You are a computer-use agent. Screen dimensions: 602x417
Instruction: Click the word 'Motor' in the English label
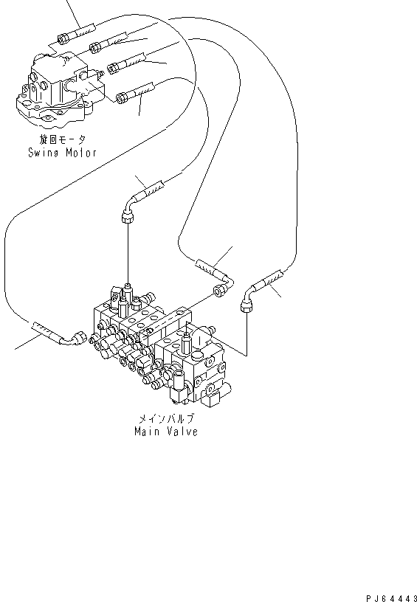[x=80, y=153]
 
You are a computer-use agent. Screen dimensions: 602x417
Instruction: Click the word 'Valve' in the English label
[x=181, y=432]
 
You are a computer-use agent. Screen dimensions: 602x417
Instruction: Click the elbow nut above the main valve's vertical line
[x=126, y=215]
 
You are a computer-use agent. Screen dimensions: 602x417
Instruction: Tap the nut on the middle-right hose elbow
[x=219, y=293]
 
